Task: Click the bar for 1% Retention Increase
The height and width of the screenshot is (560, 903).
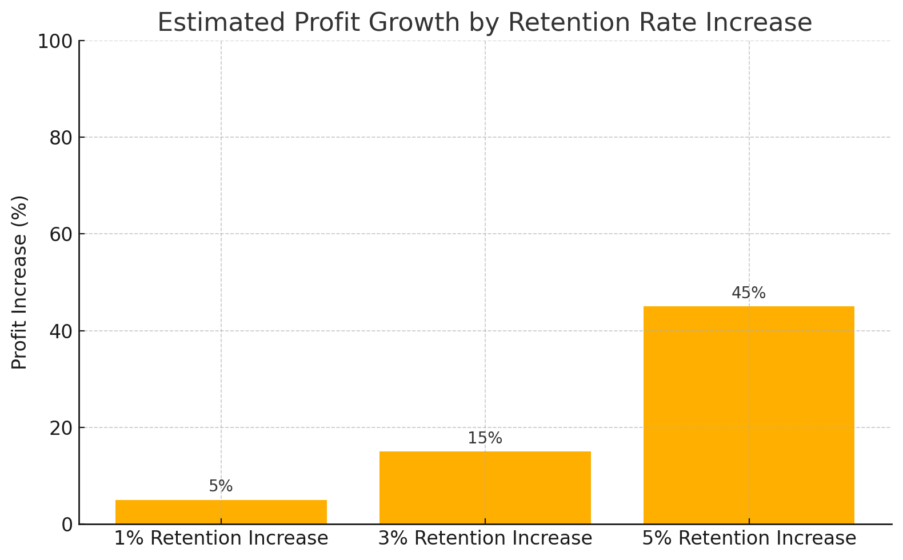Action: pos(221,512)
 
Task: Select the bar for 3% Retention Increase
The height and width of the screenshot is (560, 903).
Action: pos(485,487)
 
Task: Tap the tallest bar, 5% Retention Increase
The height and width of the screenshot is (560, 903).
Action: pos(749,415)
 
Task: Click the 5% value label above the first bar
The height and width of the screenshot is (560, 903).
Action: pos(221,486)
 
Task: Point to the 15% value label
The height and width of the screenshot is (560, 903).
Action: pos(485,438)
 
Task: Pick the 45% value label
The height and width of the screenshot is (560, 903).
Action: pos(749,293)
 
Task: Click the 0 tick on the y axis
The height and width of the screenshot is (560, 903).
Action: pos(67,525)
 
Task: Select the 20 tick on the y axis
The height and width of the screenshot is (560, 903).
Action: pos(61,428)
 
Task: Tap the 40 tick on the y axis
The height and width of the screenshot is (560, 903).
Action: pos(61,331)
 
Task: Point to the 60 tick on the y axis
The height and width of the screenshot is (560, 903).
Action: pos(61,234)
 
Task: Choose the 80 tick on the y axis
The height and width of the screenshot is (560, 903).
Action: pos(61,138)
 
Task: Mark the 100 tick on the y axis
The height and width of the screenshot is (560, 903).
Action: pos(55,41)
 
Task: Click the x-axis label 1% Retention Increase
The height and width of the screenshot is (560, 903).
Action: pos(221,538)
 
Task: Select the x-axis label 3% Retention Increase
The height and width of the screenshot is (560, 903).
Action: pos(485,538)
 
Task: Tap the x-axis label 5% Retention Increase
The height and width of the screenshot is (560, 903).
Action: pos(749,538)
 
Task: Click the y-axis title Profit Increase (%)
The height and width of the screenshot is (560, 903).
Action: pos(19,282)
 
